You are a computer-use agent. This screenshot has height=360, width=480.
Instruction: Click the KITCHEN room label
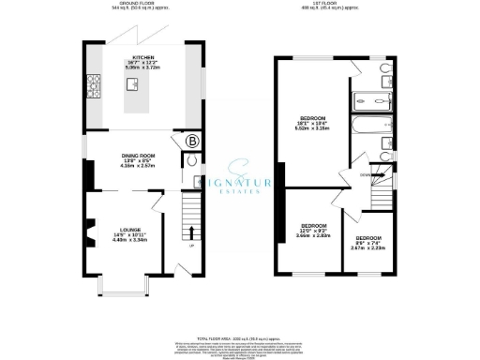click(142, 57)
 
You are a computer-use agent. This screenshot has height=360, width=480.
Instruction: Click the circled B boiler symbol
click(192, 142)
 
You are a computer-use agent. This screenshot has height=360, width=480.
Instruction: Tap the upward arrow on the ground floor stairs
click(193, 232)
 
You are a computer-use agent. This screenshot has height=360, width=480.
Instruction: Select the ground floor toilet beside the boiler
click(192, 162)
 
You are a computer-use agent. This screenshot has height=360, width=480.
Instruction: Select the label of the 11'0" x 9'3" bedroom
click(313, 226)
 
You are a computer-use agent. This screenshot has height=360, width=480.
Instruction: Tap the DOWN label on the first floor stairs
click(362, 174)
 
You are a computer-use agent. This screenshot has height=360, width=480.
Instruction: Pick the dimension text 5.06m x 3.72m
click(142, 68)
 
